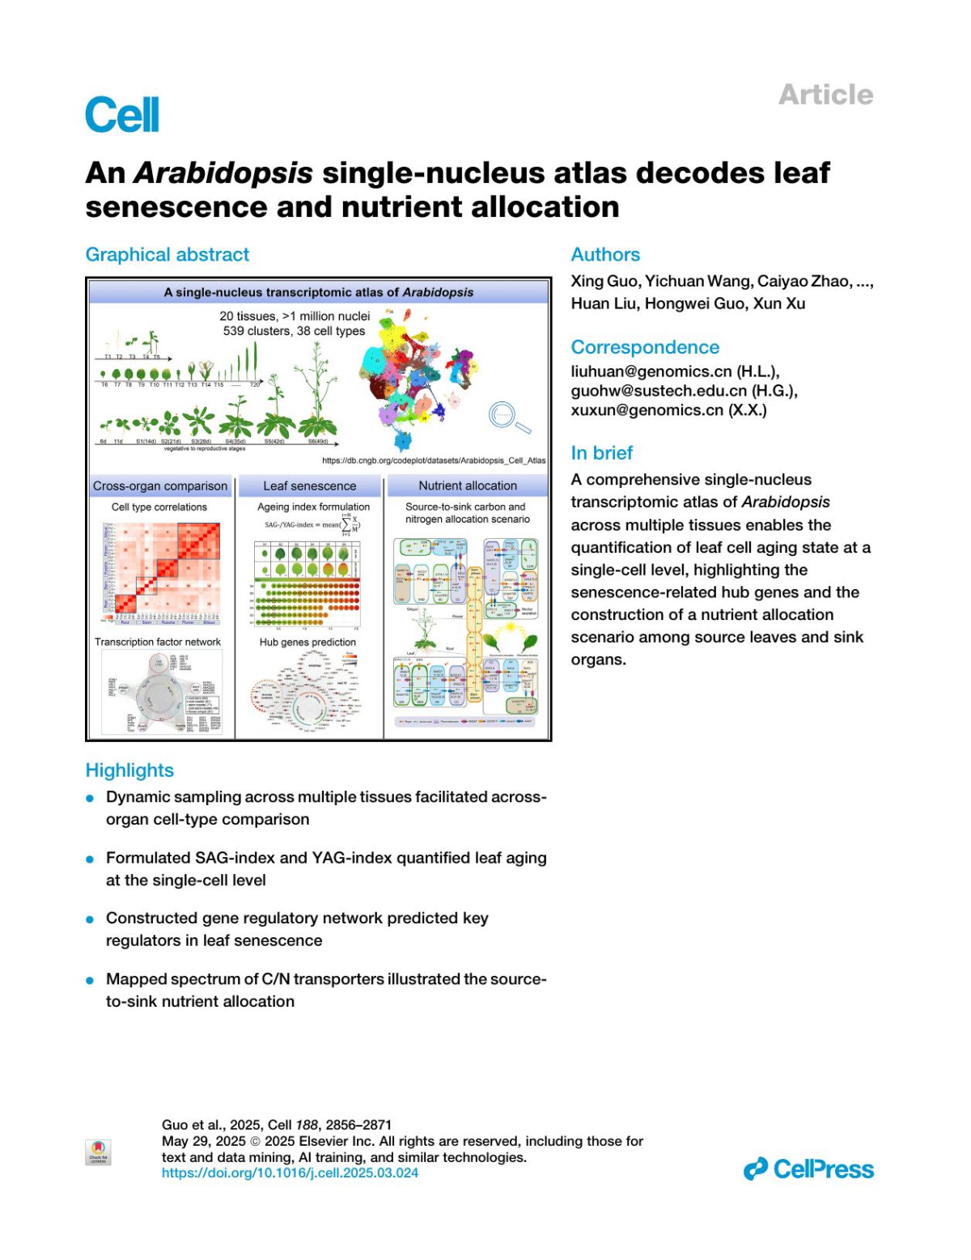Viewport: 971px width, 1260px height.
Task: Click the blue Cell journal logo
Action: coord(122,115)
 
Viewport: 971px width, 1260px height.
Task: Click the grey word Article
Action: coord(825,95)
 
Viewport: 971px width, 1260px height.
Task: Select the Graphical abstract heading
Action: coord(167,255)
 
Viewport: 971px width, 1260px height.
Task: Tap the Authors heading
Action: coord(605,255)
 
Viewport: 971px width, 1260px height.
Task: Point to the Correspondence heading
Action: coord(645,347)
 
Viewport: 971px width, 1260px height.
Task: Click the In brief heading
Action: coord(601,453)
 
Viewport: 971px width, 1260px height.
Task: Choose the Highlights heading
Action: coord(129,770)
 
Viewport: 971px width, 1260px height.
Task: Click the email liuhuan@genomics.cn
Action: coord(651,371)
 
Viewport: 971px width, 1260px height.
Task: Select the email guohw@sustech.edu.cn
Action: coord(659,391)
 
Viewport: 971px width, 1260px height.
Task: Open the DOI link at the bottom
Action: coord(290,1173)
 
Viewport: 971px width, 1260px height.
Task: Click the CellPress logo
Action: coord(808,1169)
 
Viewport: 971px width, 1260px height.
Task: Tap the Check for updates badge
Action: coord(99,1152)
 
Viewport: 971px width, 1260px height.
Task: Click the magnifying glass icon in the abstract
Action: coord(507,417)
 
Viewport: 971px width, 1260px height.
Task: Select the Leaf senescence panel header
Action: coord(309,486)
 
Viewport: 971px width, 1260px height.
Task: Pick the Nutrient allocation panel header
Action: coord(468,486)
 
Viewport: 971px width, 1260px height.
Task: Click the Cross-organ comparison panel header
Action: coord(160,486)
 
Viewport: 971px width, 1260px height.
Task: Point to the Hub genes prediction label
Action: coord(307,643)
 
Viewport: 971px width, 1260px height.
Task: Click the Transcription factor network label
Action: coord(158,643)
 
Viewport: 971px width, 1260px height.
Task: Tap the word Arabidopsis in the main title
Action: coord(223,173)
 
